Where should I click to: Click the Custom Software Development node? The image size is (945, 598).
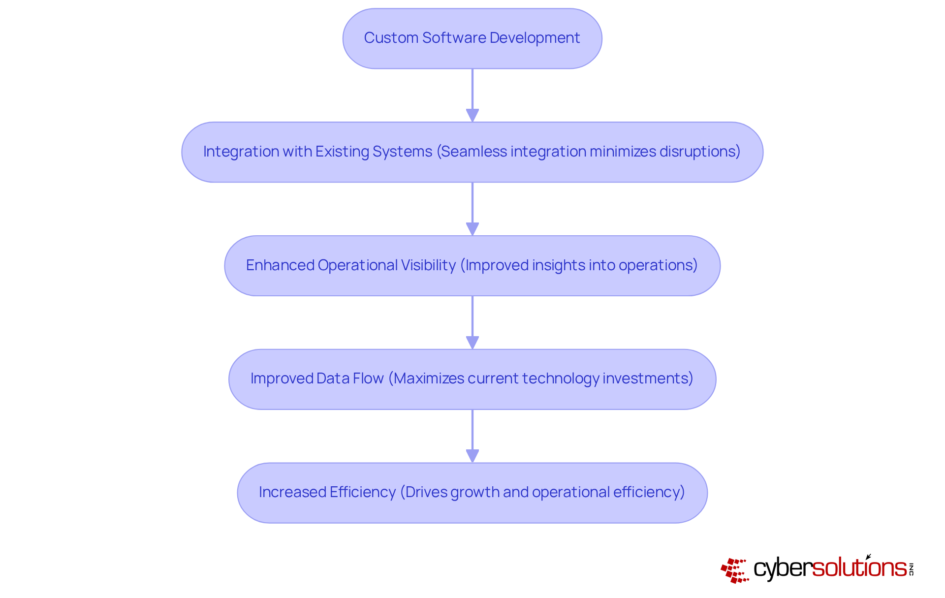click(x=472, y=38)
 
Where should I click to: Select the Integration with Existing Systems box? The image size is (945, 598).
click(x=472, y=152)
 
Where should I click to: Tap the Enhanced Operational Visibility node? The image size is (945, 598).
click(x=472, y=266)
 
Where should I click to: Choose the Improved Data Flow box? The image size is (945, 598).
click(x=472, y=379)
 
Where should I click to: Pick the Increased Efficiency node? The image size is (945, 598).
click(x=472, y=493)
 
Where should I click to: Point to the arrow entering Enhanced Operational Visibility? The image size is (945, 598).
click(x=472, y=209)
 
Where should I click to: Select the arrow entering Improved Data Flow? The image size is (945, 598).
click(x=472, y=322)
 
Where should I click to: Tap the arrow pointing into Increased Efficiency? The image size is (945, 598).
click(x=472, y=436)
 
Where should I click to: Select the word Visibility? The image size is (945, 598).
click(x=428, y=265)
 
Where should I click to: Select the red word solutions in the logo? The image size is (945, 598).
click(x=859, y=568)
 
